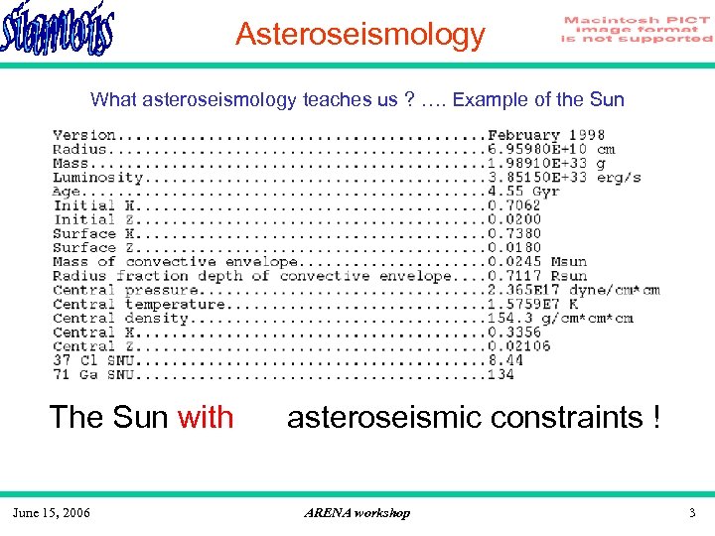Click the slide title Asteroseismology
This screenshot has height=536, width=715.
359,36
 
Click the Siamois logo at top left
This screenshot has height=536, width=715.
58,32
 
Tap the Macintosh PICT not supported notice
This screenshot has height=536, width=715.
637,30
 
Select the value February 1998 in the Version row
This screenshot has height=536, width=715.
545,135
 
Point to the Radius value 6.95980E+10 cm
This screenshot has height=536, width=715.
550,149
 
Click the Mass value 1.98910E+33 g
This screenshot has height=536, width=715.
546,163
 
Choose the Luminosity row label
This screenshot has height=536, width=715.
98,178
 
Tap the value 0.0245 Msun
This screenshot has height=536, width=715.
536,262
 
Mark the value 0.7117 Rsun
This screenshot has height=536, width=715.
536,276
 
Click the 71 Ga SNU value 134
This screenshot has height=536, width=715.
500,374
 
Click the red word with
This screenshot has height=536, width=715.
206,417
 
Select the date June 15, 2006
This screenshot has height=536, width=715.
51,512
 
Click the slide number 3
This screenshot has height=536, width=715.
692,512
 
